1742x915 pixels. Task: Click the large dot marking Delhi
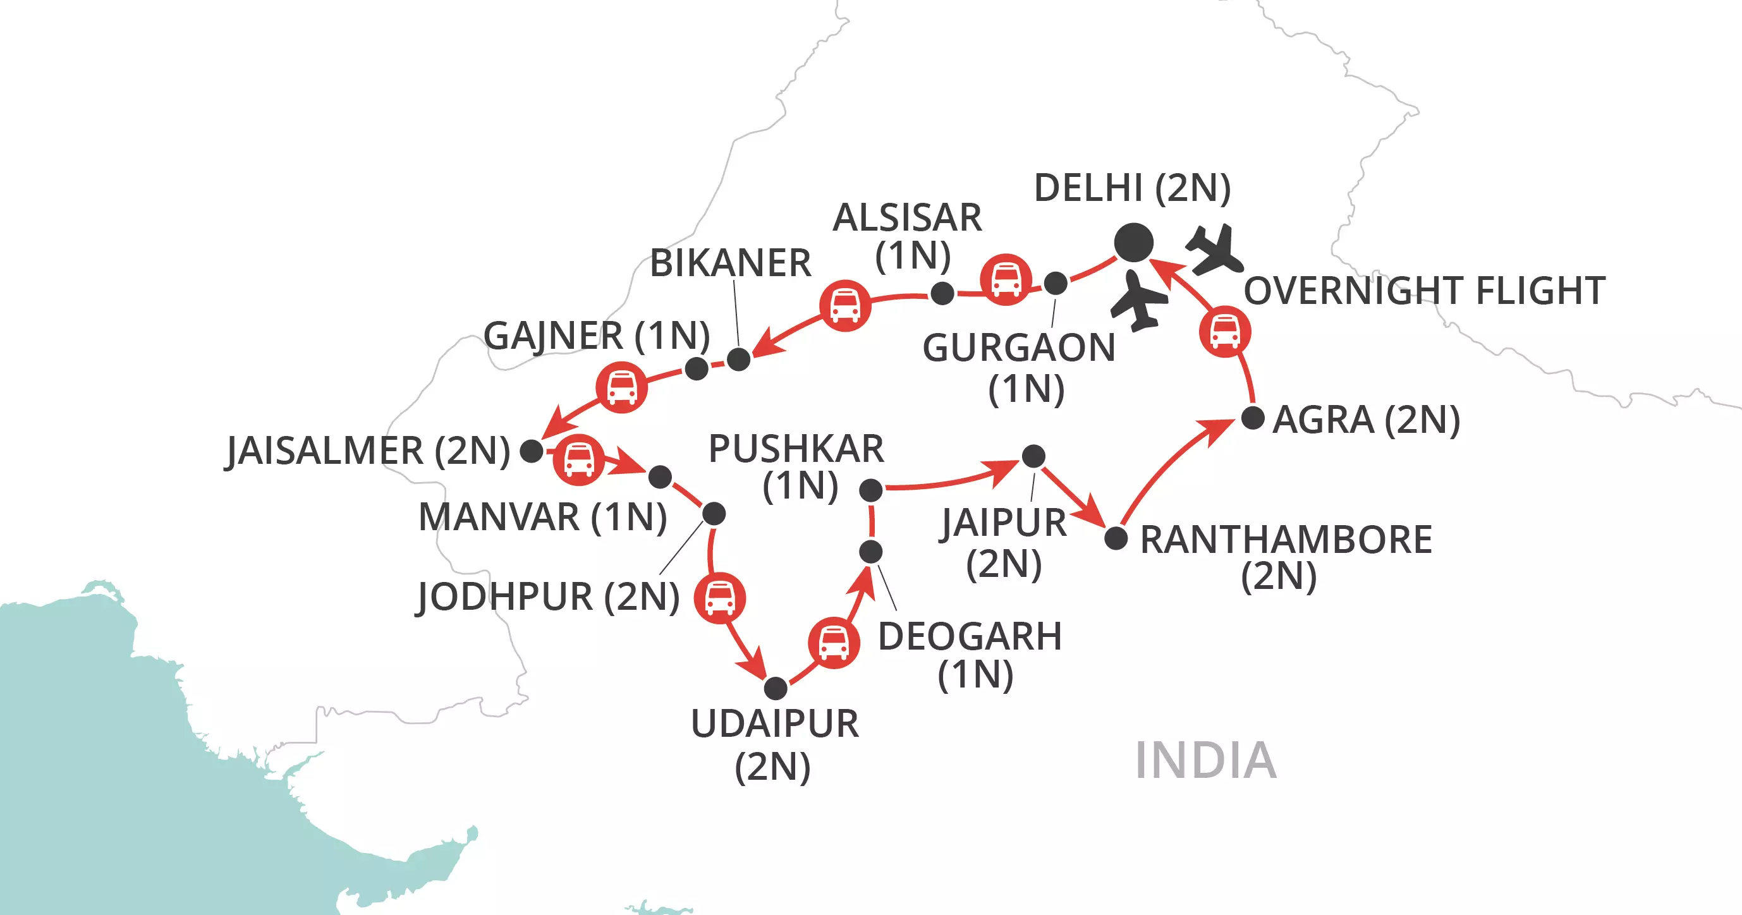(1133, 242)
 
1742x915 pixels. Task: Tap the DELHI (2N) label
(1132, 188)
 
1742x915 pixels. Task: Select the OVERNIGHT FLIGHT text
(1424, 291)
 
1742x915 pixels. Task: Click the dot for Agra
(1252, 418)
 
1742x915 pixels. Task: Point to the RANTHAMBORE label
(1286, 540)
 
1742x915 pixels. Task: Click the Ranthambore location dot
(1116, 538)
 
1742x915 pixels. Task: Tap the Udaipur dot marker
(776, 688)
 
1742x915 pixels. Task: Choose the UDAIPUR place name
(774, 724)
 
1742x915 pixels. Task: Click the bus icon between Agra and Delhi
(1225, 331)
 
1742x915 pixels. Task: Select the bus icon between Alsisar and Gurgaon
(1006, 279)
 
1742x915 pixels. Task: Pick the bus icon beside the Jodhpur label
(719, 598)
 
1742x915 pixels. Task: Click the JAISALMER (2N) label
(368, 451)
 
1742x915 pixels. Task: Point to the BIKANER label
(729, 263)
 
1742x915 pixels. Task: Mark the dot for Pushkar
(870, 490)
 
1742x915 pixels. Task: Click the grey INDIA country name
(1205, 760)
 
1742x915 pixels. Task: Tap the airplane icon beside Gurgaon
(1140, 301)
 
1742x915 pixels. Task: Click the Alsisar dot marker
(942, 293)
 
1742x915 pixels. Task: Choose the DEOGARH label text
(969, 637)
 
